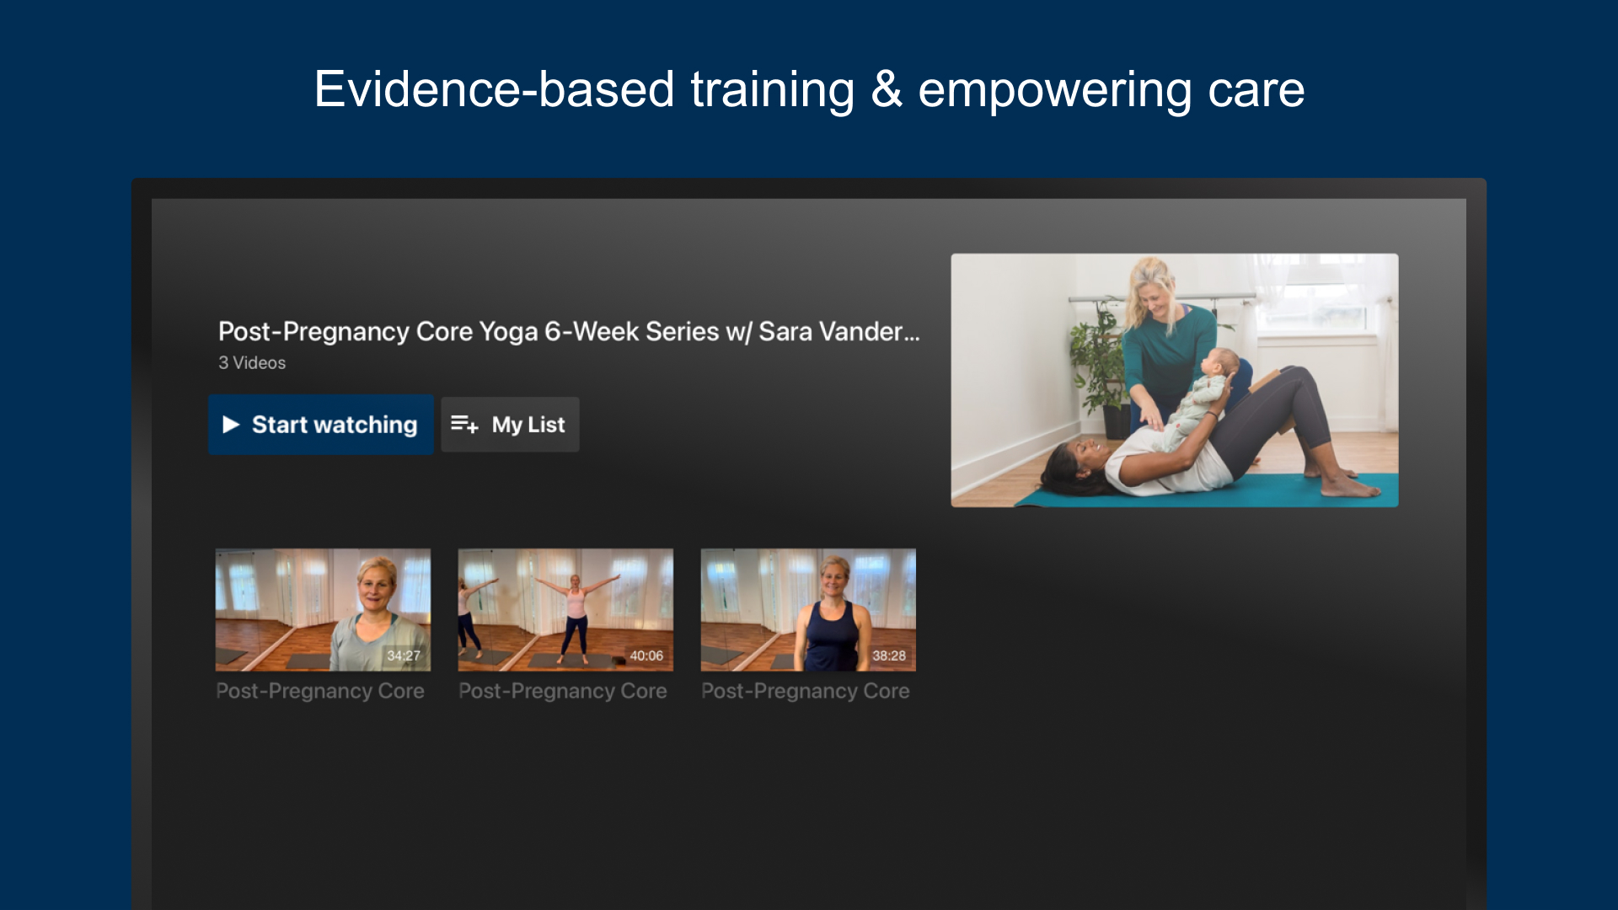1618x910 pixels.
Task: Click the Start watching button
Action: point(321,425)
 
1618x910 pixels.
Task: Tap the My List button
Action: point(510,425)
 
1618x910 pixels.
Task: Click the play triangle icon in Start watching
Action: point(231,425)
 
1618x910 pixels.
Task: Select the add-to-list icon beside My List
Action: point(464,424)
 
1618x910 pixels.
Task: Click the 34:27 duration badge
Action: point(404,656)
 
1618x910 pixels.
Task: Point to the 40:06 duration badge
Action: point(646,656)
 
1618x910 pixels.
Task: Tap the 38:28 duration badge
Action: point(889,656)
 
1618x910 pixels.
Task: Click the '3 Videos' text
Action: point(252,363)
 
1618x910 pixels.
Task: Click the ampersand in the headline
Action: point(886,89)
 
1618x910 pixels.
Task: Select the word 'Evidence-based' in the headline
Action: point(494,89)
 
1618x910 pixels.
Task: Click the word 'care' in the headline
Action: point(1256,89)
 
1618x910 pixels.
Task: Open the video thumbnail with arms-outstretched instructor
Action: point(565,609)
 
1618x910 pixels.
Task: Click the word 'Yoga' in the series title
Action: point(508,332)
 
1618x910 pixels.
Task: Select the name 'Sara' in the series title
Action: point(785,332)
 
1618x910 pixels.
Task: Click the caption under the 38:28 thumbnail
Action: point(806,691)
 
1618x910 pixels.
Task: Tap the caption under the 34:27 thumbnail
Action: point(320,691)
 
